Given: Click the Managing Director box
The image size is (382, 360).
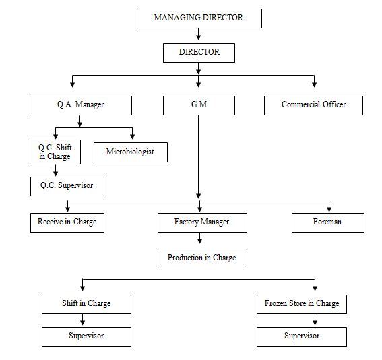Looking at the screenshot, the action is (199, 18).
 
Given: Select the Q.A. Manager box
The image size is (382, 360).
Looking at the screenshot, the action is (81, 105).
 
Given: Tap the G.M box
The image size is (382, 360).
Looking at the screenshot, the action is (199, 105).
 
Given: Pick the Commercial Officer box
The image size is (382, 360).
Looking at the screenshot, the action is (313, 105).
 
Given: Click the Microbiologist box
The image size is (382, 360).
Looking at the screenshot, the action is (131, 152).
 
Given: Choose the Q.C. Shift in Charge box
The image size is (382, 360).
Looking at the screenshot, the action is (55, 152).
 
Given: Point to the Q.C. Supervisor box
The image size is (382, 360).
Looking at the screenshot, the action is (67, 186).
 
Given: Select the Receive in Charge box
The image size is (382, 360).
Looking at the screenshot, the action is (67, 222).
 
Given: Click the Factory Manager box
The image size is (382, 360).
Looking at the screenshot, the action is (202, 222).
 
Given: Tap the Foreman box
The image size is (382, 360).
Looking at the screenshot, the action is (328, 222).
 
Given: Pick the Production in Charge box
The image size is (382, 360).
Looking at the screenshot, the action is (202, 258).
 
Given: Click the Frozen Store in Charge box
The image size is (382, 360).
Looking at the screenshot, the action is (302, 304).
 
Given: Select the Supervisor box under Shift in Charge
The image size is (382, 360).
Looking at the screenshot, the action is (86, 336).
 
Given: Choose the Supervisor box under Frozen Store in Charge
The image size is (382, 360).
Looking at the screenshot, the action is (302, 336).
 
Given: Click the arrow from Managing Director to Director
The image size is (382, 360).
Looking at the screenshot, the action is (199, 34).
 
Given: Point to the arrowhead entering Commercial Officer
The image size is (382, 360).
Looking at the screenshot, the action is (314, 84).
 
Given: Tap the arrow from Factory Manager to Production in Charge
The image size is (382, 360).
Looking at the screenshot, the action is (200, 238).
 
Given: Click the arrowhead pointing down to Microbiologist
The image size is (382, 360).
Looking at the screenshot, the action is (132, 136).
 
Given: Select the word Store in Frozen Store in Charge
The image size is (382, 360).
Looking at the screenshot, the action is (297, 303).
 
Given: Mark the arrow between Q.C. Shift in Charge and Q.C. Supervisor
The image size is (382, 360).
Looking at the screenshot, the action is (55, 170).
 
